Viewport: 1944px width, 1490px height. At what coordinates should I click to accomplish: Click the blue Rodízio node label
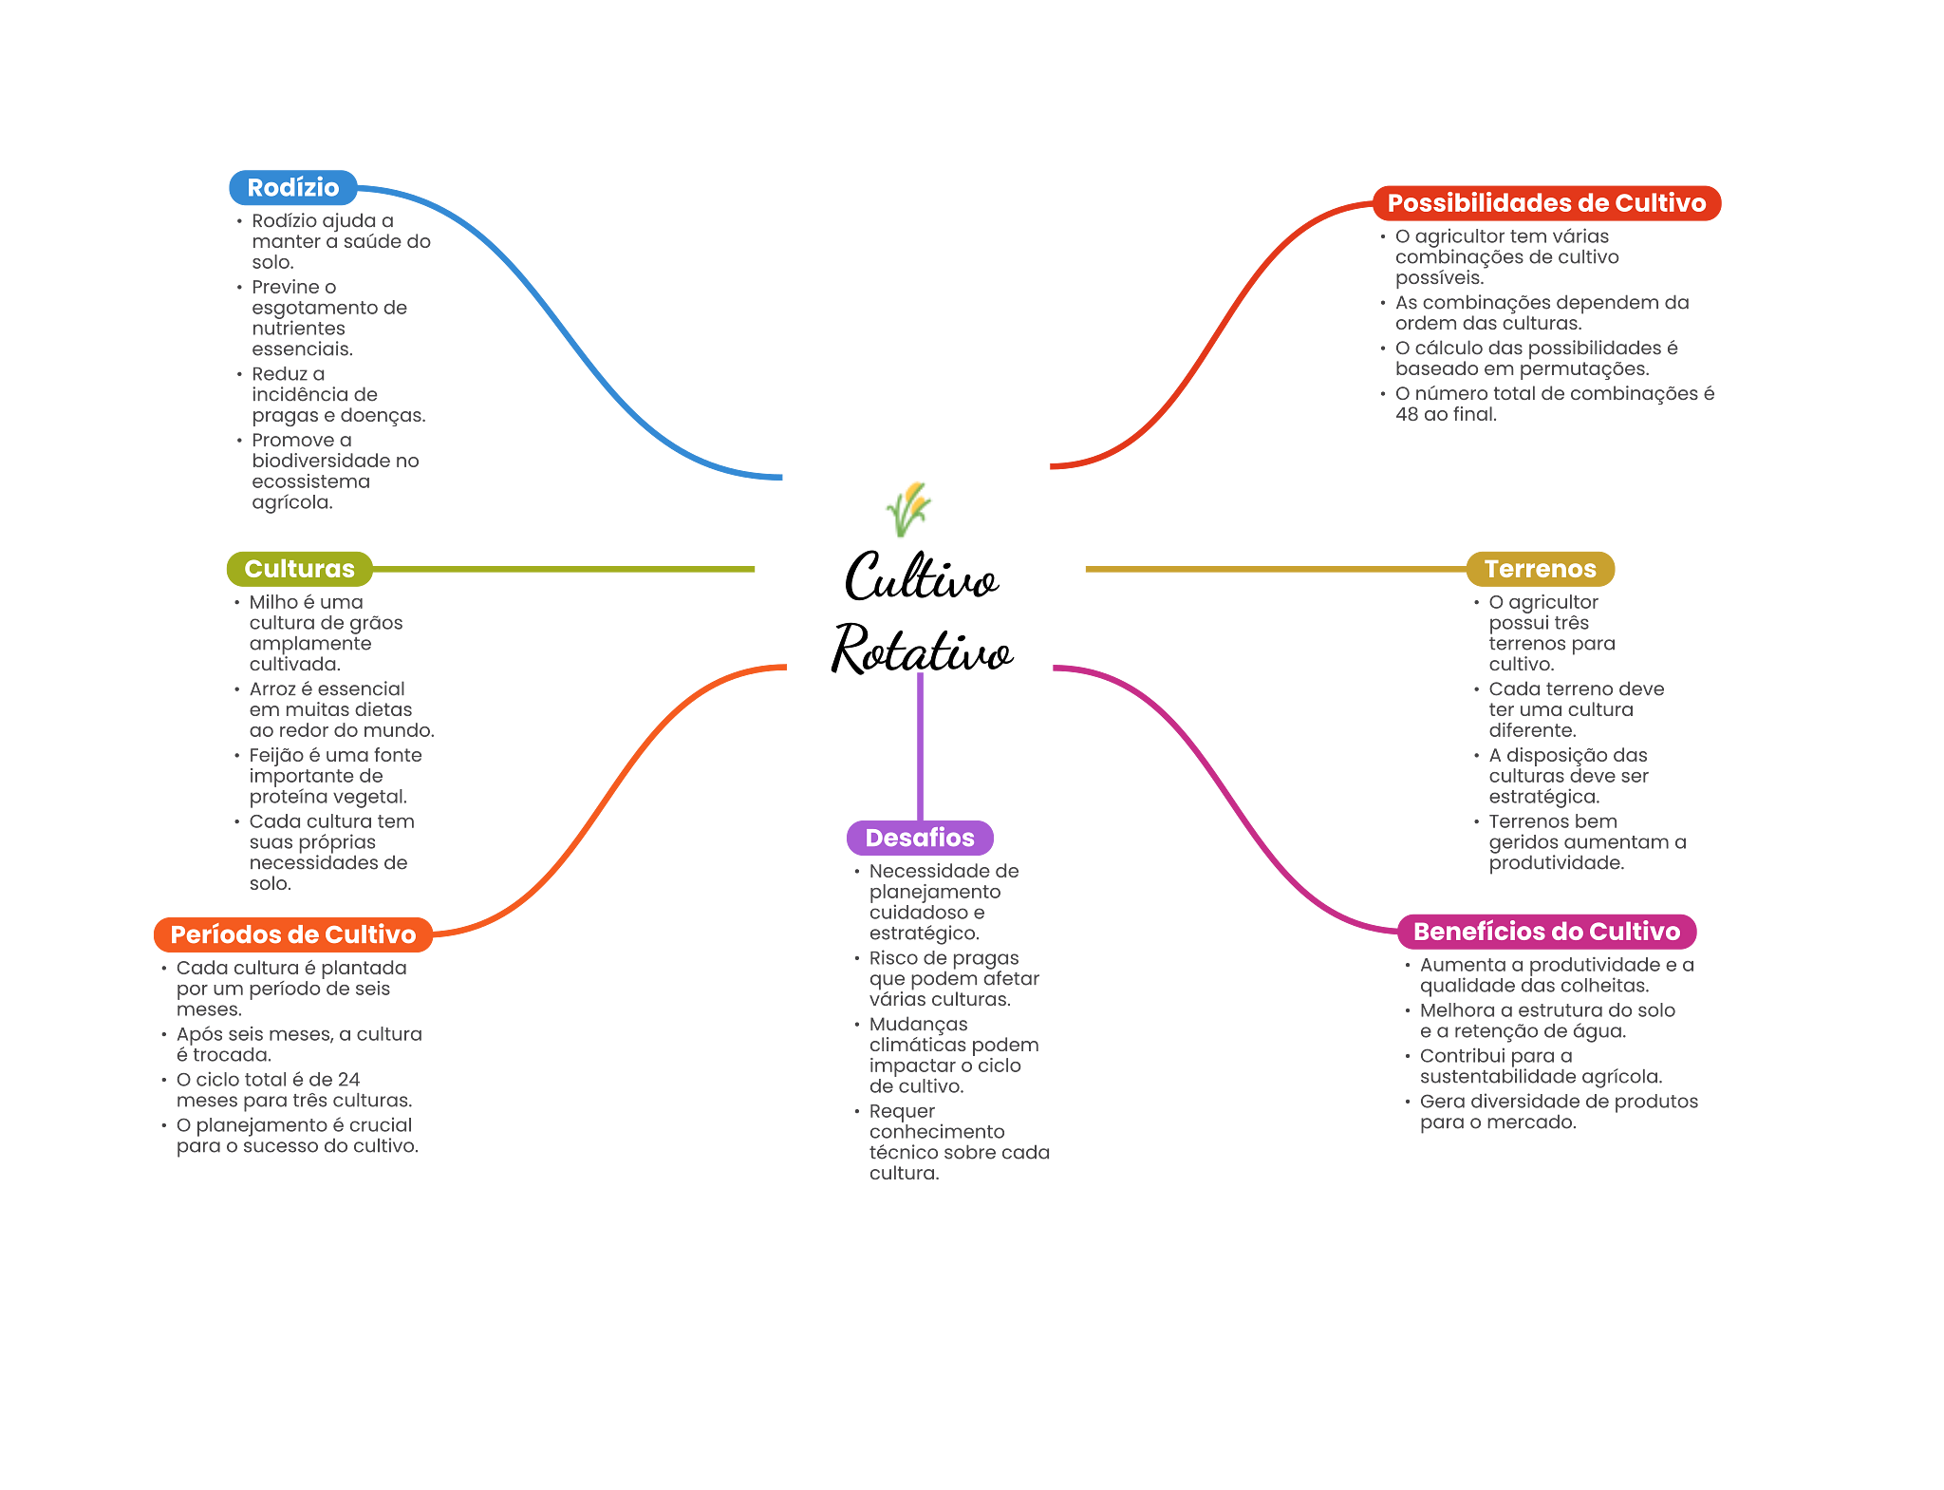tap(292, 188)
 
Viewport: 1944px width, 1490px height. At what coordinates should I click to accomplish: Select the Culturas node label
tap(299, 569)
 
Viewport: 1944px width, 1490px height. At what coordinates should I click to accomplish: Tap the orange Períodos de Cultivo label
tap(293, 934)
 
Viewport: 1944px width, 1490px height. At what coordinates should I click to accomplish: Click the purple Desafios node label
tap(920, 838)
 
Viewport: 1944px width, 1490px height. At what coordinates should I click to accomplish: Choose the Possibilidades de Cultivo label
tap(1546, 203)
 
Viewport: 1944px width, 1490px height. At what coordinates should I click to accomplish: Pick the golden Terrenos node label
tap(1540, 569)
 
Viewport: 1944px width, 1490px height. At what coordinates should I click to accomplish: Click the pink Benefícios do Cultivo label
tap(1546, 932)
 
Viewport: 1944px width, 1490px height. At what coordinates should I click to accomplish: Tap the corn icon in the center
tap(909, 509)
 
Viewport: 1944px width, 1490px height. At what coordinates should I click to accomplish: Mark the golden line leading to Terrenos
tap(1272, 570)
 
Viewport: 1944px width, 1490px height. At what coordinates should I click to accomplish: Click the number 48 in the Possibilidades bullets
tap(1406, 414)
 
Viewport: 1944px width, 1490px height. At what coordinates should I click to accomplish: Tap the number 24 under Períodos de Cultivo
tap(347, 1080)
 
